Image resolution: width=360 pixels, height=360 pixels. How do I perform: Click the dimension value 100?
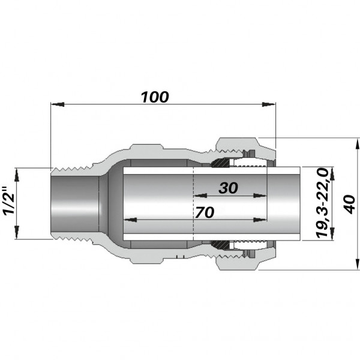(155, 97)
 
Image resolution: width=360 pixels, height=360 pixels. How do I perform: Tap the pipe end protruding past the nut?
(288, 204)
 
